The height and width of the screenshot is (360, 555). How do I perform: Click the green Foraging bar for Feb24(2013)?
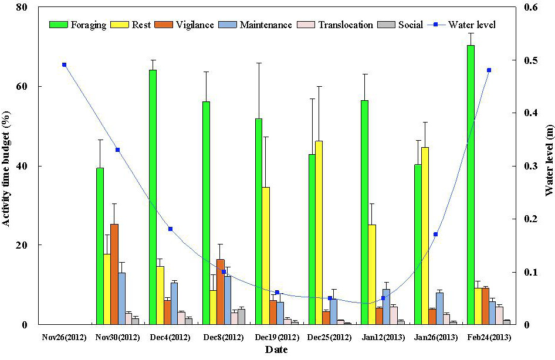[471, 185]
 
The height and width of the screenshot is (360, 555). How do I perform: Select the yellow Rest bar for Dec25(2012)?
[319, 233]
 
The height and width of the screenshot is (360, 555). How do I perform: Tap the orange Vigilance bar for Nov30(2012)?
[114, 274]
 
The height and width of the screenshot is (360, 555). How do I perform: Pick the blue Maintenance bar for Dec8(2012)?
[227, 300]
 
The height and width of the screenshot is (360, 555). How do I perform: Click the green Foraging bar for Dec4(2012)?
[153, 198]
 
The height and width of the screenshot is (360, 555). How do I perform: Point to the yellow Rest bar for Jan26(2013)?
[425, 236]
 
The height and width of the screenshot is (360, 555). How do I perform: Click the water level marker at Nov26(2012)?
[64, 64]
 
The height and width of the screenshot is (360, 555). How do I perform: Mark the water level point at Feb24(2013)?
[489, 70]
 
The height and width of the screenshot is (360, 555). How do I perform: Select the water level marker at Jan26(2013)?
[436, 234]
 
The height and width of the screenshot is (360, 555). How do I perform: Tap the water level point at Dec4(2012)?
[170, 229]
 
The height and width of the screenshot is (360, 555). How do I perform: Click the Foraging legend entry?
[77, 25]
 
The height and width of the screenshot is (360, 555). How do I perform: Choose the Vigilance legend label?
[195, 25]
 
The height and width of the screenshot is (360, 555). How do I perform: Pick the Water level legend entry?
[462, 25]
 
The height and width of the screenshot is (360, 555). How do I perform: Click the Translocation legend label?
[346, 25]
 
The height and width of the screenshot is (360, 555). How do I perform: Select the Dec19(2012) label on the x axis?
[276, 338]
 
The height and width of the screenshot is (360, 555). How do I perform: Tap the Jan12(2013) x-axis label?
[383, 338]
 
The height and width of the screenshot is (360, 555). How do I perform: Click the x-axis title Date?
[276, 350]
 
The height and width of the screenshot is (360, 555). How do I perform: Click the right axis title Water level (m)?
[549, 161]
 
